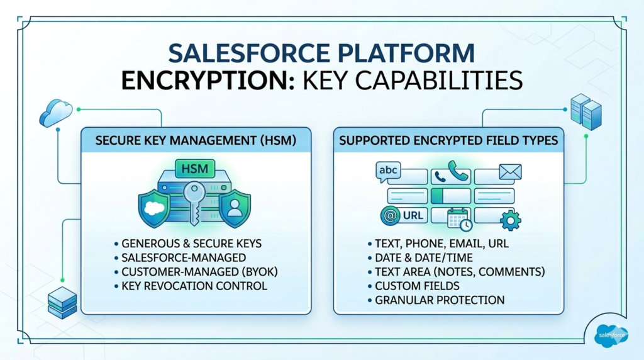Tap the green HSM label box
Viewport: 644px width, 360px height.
(x=194, y=169)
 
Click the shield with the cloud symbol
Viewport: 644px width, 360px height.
(x=153, y=207)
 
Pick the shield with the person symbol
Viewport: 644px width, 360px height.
(x=235, y=207)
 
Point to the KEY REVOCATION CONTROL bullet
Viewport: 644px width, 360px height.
(x=195, y=286)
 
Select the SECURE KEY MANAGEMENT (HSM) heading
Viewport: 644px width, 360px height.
(x=196, y=140)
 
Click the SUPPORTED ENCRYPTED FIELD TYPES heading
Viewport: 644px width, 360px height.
(x=448, y=140)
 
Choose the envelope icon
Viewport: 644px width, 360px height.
(x=510, y=171)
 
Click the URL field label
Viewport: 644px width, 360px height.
(x=413, y=216)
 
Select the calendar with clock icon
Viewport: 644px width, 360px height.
(x=459, y=219)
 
